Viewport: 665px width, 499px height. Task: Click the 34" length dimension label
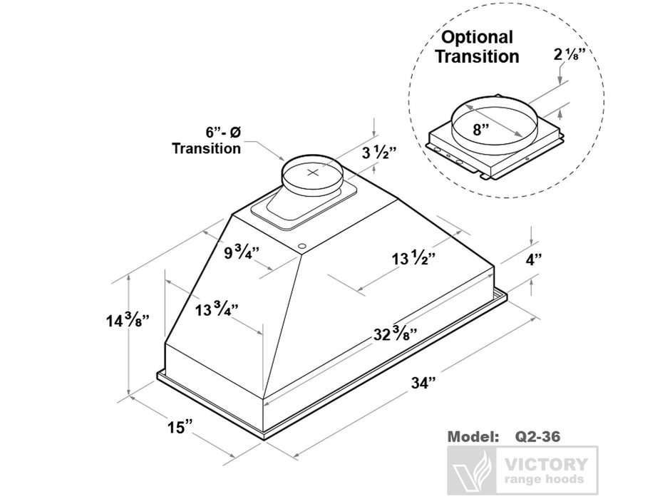[x=423, y=384]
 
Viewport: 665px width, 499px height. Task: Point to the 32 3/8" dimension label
[x=393, y=333]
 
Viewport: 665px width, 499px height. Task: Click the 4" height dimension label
[x=535, y=260]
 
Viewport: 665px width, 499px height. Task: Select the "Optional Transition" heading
[x=477, y=46]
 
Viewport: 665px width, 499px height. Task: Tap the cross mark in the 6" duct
[x=312, y=173]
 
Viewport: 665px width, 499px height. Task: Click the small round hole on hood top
[x=302, y=247]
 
